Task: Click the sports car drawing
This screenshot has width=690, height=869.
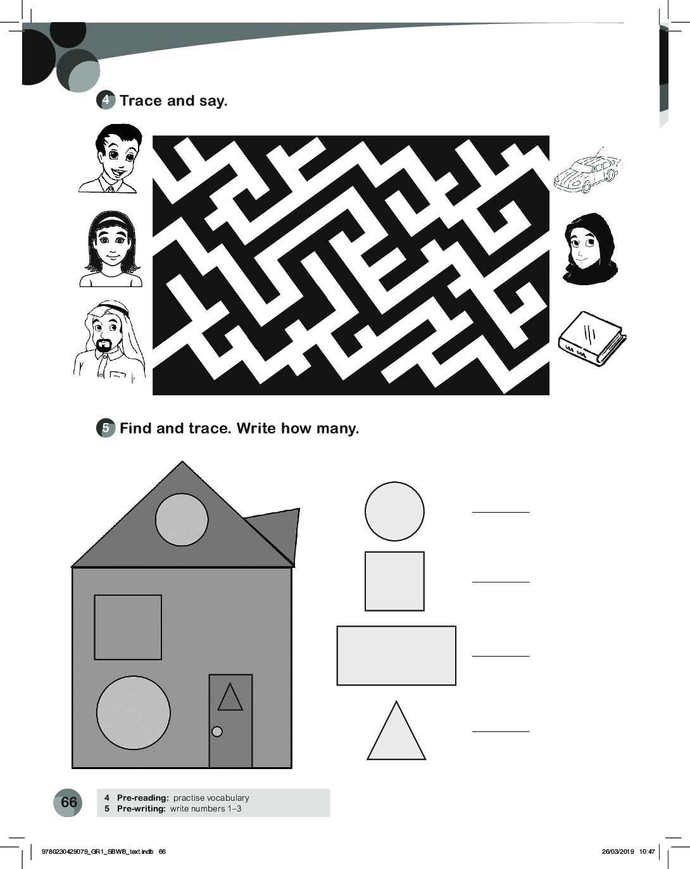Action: click(x=588, y=171)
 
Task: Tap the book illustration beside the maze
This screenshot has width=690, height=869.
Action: click(x=592, y=339)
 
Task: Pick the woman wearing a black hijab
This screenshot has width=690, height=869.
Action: click(x=588, y=249)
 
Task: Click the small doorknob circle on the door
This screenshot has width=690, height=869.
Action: click(x=217, y=731)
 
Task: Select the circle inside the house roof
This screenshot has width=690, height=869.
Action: click(x=182, y=520)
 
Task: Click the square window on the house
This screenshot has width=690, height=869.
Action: click(x=128, y=627)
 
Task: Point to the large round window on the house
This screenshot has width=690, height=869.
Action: click(x=134, y=713)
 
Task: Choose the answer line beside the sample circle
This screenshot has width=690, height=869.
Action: click(x=501, y=512)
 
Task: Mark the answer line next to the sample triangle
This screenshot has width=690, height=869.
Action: click(x=501, y=731)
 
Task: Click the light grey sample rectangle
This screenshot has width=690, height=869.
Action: click(x=396, y=655)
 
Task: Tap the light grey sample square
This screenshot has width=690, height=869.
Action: click(x=394, y=581)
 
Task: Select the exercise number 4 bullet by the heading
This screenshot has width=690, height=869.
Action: click(x=106, y=101)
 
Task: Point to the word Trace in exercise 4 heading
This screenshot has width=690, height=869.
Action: click(x=141, y=101)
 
